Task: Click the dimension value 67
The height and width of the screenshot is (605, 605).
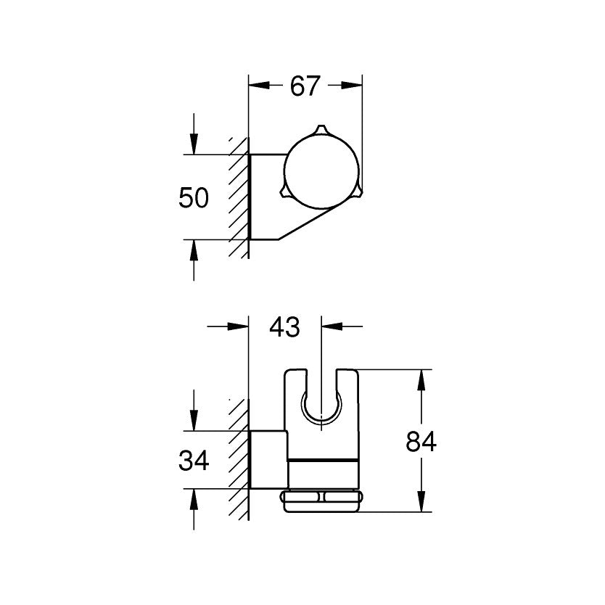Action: [x=305, y=86]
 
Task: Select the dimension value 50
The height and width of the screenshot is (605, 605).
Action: [x=194, y=198]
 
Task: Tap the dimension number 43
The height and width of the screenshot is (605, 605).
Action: [x=284, y=327]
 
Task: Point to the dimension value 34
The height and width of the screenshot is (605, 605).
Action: [x=194, y=460]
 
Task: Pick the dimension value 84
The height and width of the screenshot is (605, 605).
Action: [x=421, y=442]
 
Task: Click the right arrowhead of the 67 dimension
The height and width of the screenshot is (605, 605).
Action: [x=353, y=85]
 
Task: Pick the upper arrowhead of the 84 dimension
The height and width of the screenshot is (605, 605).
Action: [x=421, y=378]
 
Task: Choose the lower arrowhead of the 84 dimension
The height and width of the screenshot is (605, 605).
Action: [x=421, y=504]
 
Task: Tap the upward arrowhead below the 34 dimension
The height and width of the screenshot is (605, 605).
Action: [x=194, y=498]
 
